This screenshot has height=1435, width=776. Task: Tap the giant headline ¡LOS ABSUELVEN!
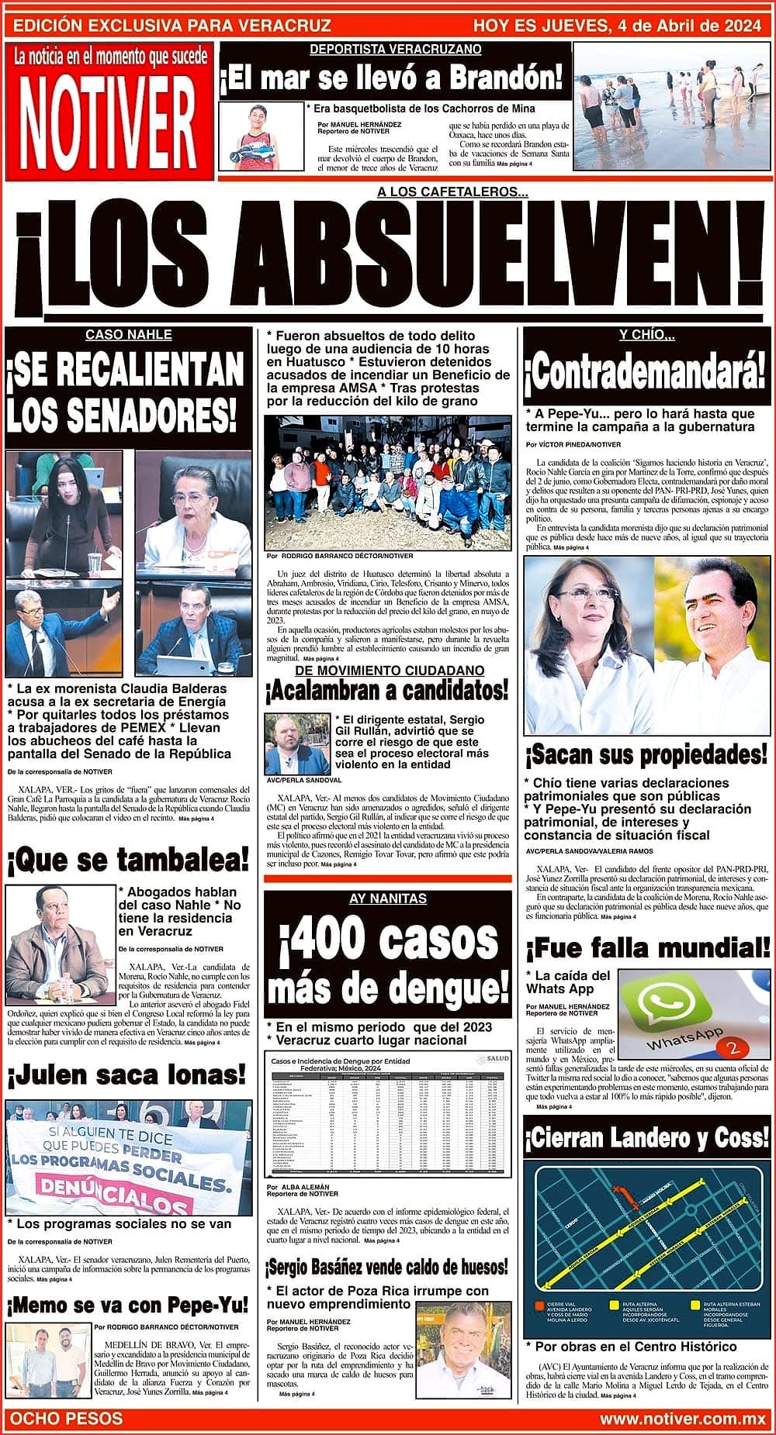point(388,260)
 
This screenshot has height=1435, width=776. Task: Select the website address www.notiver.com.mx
point(683,1418)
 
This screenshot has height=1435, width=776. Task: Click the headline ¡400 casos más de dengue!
point(388,964)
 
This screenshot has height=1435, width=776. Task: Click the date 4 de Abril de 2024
point(687,26)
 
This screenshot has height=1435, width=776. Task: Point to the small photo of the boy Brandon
point(260,136)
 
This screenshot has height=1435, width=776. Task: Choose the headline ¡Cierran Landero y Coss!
point(648,1138)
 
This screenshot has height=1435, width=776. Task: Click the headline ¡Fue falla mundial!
point(648,947)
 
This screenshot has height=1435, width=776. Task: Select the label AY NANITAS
point(388,899)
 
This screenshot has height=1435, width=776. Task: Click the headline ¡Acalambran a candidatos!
point(387,688)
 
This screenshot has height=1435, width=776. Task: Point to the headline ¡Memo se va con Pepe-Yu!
point(128,1305)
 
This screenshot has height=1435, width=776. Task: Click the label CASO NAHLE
point(128,335)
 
